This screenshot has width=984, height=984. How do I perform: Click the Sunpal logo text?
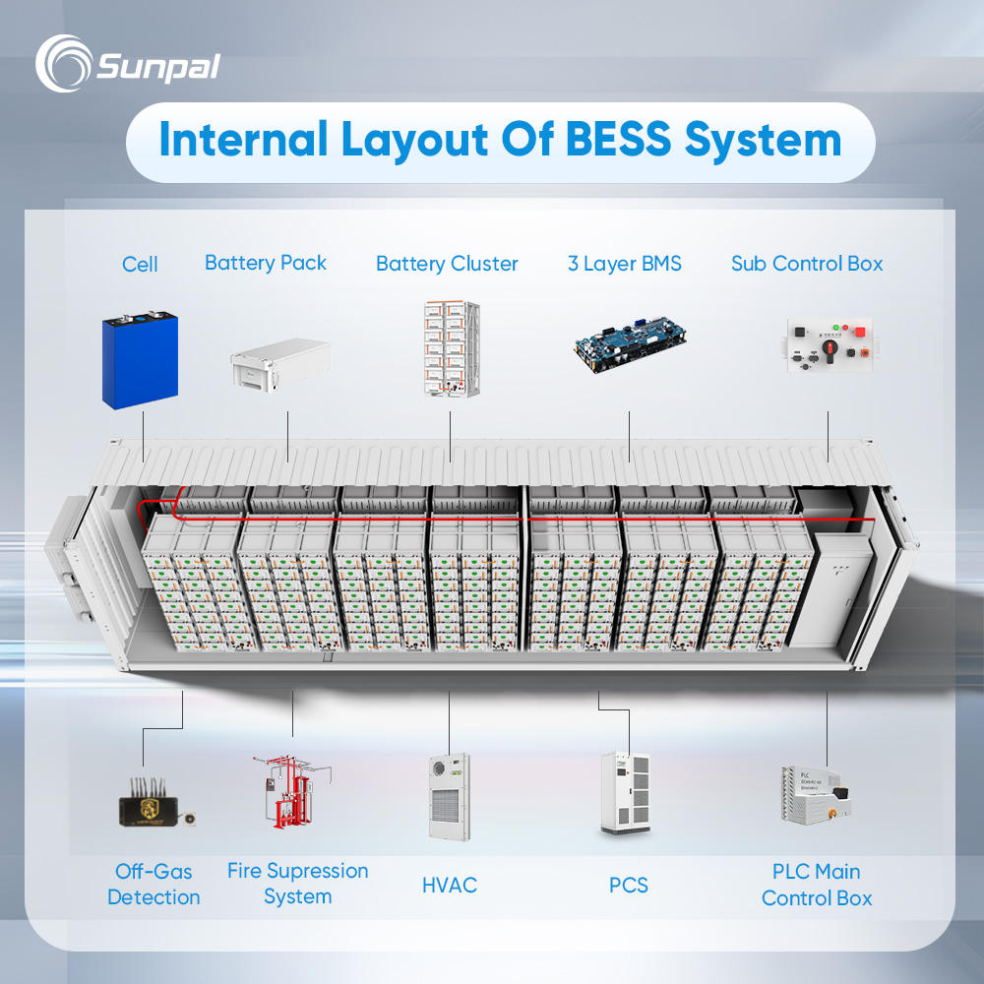point(157,67)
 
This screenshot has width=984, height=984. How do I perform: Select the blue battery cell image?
point(139,359)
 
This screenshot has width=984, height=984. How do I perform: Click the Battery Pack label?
point(266,263)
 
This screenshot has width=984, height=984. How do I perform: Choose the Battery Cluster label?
point(447,264)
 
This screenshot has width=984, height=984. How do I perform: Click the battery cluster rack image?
point(449,349)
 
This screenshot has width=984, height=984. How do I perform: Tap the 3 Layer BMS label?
point(625,264)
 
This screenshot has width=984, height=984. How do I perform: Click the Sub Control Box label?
point(807,264)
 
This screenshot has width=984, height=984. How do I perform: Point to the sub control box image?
point(828,347)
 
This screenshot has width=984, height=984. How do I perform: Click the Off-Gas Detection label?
point(154,884)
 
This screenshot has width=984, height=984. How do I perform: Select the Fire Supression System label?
point(297,884)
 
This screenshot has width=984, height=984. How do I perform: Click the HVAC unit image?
point(449,796)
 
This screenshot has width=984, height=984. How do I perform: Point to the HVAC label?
point(450,885)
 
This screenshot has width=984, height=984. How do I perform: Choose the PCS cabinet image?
point(625,795)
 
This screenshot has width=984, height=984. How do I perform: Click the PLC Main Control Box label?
point(817,885)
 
